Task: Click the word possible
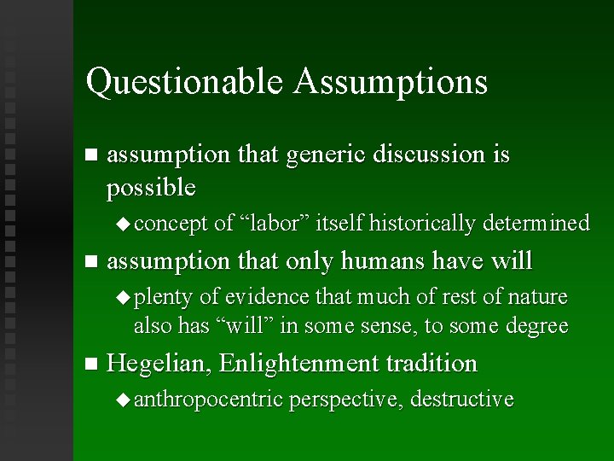point(151,188)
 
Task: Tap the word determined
point(536,224)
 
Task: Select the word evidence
point(267,297)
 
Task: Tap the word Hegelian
point(159,364)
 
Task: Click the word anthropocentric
point(208,399)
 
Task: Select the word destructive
point(462,399)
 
